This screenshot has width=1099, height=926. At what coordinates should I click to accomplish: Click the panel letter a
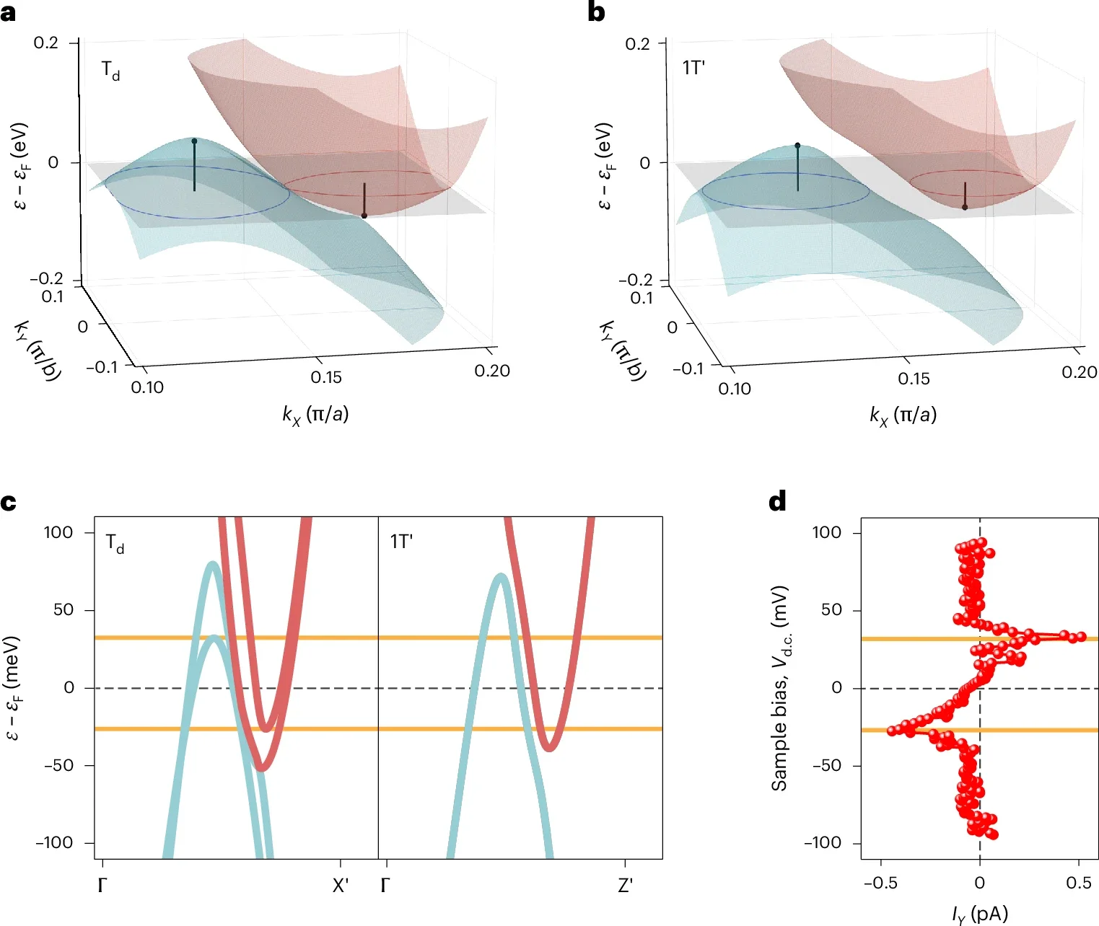(8, 12)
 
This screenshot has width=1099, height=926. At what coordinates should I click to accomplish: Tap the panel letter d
(777, 501)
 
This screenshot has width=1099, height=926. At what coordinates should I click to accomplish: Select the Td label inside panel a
(110, 71)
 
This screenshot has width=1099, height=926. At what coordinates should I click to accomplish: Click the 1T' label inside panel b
(693, 68)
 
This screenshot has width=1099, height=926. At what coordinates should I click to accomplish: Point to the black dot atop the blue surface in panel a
(194, 141)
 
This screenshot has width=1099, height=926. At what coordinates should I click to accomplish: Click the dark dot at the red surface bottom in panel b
(965, 208)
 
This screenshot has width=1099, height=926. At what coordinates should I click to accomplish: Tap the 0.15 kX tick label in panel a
(326, 377)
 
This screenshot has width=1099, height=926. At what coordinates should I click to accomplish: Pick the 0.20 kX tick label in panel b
(1079, 371)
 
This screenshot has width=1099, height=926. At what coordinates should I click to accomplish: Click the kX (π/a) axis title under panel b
(903, 415)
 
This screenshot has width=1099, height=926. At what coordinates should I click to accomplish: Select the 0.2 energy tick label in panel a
(46, 43)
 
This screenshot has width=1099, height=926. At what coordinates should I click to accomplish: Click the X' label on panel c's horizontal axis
(340, 886)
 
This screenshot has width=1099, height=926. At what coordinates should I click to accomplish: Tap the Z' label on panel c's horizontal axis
(625, 886)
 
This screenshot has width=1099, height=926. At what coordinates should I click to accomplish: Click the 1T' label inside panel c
(401, 542)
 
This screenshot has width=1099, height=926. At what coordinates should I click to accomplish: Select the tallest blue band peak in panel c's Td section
(212, 565)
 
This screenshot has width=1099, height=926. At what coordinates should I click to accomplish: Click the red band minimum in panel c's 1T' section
(551, 747)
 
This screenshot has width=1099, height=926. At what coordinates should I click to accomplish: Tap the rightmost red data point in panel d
(1081, 637)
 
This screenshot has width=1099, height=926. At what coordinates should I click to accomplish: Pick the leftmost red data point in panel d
(892, 731)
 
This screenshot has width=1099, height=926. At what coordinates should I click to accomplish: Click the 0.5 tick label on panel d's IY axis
(1078, 883)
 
